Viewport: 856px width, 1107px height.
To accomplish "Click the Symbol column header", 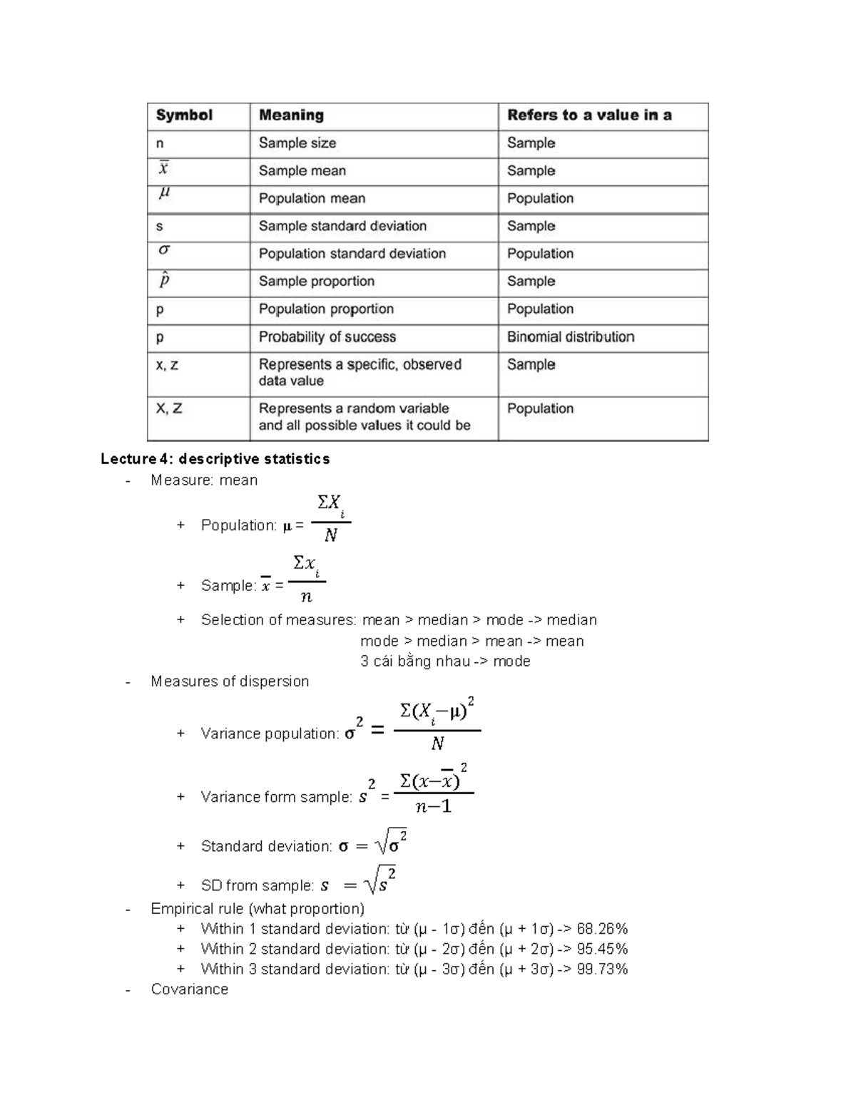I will (184, 115).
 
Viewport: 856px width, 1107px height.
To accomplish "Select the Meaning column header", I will (291, 115).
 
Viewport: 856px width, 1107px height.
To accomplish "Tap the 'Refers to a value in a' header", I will (589, 115).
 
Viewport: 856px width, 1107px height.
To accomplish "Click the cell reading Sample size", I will (297, 143).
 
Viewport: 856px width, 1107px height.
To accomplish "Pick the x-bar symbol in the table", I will (163, 169).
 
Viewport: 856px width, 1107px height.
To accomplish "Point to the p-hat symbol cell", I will (164, 280).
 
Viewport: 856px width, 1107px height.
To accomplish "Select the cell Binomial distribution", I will (571, 337).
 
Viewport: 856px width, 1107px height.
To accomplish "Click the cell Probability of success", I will (327, 337).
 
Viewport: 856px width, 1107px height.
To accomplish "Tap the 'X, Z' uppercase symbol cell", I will (169, 409).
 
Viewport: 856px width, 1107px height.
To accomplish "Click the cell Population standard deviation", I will (352, 254).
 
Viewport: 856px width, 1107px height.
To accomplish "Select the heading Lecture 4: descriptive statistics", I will (215, 459).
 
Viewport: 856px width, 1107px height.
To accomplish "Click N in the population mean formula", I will (331, 535).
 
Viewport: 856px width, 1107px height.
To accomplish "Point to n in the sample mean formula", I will (307, 597).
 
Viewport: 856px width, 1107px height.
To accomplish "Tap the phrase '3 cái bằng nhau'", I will (414, 661).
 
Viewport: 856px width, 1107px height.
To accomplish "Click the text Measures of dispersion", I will (230, 681).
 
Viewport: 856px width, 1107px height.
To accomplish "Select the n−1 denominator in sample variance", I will (434, 807).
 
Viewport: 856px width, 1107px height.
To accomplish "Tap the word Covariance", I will (190, 989).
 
